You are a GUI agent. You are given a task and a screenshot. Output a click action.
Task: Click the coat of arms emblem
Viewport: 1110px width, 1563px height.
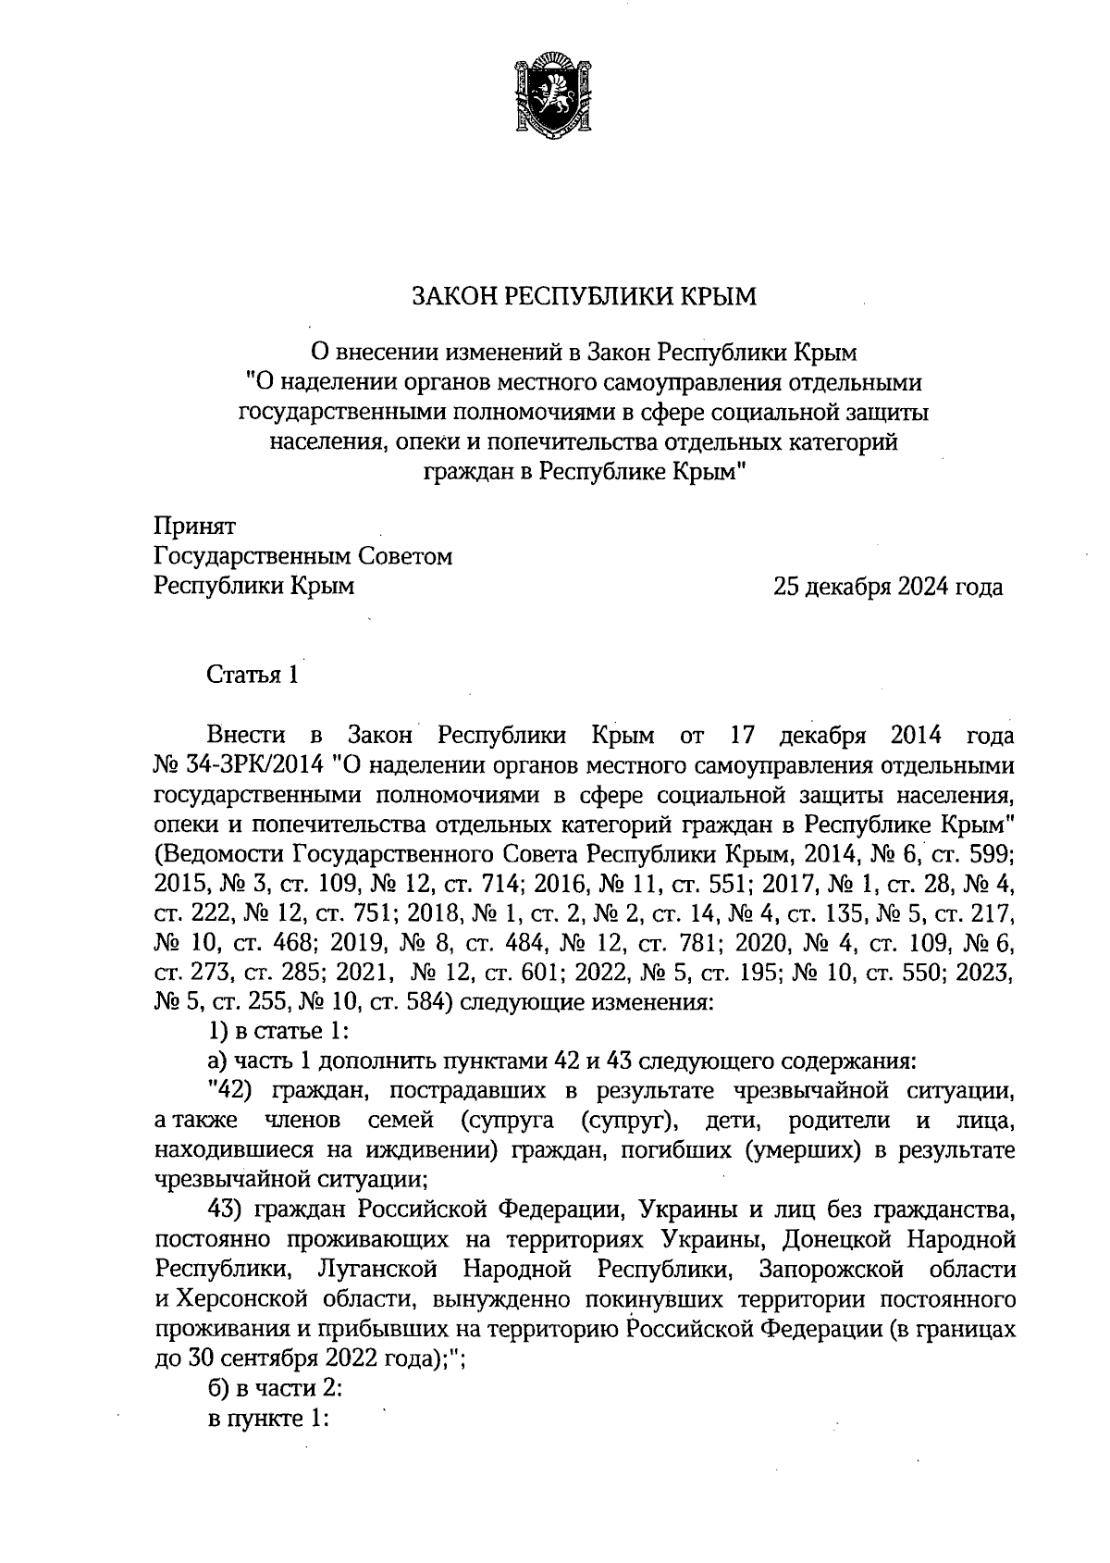[554, 96]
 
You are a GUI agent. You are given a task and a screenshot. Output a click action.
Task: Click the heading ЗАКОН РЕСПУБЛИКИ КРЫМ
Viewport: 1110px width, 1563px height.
[584, 297]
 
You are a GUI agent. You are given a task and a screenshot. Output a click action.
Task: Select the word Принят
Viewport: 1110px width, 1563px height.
[194, 527]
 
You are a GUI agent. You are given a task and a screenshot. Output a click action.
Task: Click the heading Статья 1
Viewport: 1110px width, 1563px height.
[253, 674]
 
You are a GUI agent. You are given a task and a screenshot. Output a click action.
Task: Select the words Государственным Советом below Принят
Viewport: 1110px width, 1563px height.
[303, 557]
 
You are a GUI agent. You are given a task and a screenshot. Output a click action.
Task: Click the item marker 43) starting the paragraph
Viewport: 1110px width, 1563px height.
[228, 1209]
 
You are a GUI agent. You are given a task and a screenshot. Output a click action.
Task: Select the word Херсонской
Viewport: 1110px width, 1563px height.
[238, 1297]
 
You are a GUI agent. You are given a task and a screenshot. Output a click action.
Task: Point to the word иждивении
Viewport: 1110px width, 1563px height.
[423, 1150]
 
